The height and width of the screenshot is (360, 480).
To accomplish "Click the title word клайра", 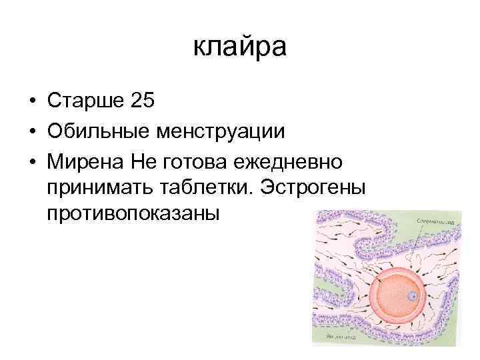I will click(x=239, y=47).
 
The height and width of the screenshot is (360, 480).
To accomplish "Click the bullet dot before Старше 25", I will click(x=31, y=102).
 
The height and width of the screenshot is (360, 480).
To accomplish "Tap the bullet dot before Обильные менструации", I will click(x=31, y=132).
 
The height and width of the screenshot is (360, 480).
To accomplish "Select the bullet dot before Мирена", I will click(x=31, y=162).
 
